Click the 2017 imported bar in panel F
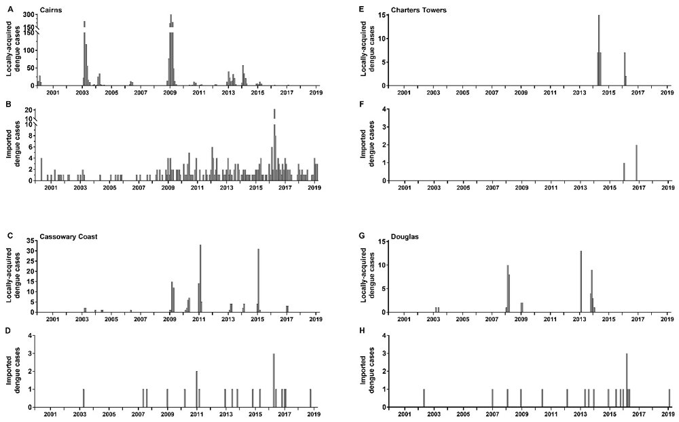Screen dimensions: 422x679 pos(636,163)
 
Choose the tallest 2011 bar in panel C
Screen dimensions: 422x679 pos(200,278)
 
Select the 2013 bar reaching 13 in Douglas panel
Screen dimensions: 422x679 pos(581,282)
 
